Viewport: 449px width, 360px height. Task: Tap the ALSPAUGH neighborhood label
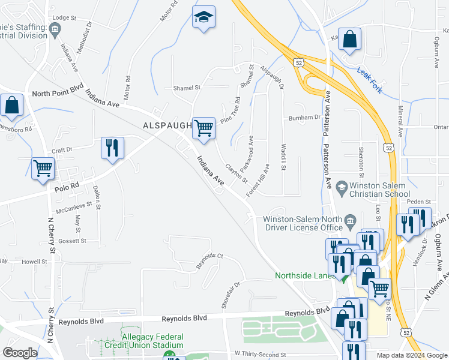click(166, 125)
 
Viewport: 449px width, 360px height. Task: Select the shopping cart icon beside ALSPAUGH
click(203, 128)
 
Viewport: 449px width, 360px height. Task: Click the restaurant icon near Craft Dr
click(112, 148)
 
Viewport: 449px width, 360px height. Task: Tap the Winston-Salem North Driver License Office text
click(303, 223)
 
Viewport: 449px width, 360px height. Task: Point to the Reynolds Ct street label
click(210, 261)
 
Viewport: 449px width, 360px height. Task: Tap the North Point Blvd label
click(58, 93)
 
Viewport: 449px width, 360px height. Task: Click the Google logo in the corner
click(19, 353)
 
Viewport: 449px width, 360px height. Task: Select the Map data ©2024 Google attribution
click(412, 355)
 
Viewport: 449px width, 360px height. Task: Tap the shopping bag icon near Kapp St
click(349, 40)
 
